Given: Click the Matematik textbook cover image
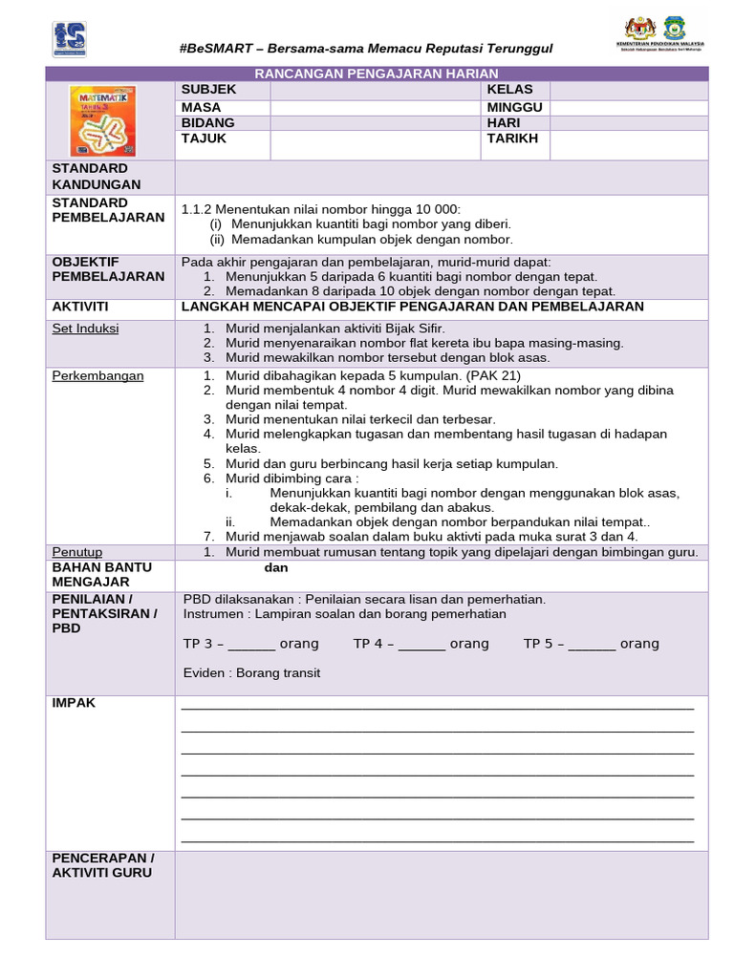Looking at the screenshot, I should [103, 121].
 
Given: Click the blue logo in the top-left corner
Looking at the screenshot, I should [69, 39].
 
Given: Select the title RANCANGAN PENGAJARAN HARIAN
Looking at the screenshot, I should [376, 74].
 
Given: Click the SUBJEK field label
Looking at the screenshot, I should [208, 90].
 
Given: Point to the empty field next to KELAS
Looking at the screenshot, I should [628, 90].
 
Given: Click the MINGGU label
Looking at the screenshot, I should [514, 107].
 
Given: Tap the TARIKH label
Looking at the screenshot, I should [512, 138].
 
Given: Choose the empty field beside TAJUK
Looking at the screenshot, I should [375, 145].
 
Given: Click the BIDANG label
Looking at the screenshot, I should [207, 123].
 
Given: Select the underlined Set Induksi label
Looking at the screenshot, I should [85, 329].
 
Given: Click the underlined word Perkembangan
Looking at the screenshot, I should [97, 375].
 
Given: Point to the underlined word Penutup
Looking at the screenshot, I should [77, 552].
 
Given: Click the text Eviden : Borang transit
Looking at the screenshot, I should [251, 673].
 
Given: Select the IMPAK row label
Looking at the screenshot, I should [74, 703].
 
